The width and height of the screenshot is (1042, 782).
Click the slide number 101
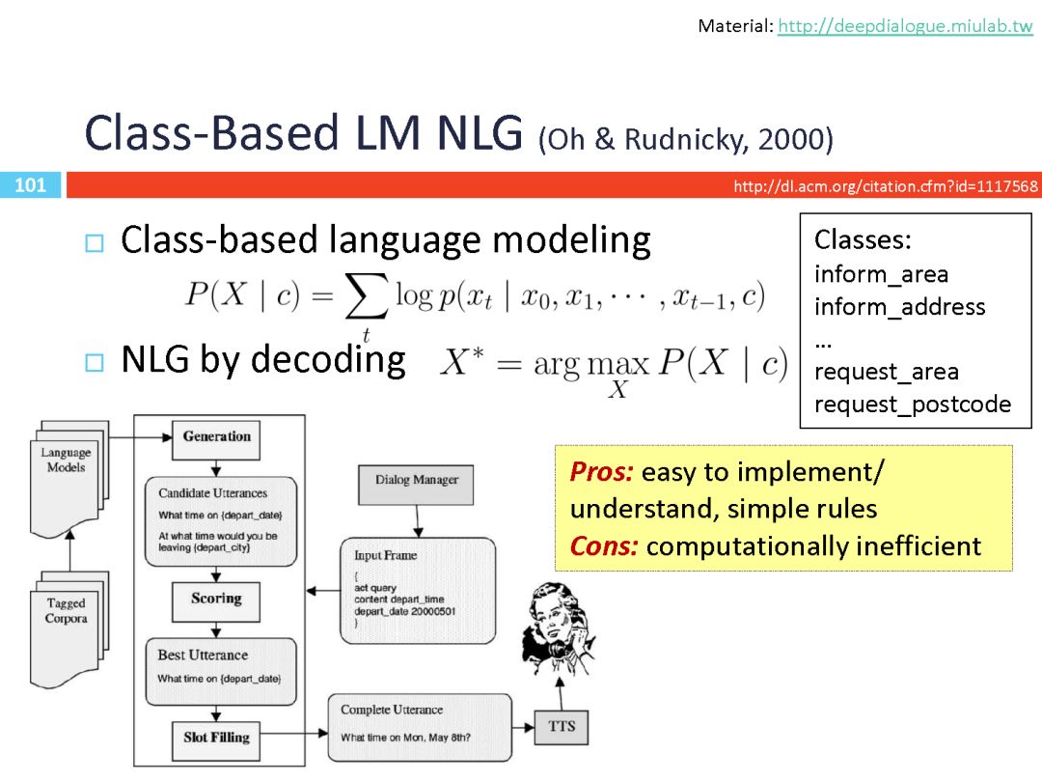pos(31,184)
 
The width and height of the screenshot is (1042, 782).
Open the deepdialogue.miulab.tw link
pos(905,27)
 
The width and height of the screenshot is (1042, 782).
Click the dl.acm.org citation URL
pos(886,186)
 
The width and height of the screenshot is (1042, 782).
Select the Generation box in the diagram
pos(216,436)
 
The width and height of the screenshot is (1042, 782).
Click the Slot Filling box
pos(216,738)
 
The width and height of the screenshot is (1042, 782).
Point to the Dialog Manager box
pos(417,480)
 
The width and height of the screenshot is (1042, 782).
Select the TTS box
pos(561,725)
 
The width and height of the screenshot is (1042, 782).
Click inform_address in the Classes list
pos(899,307)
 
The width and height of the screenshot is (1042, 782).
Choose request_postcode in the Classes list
pos(912,405)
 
